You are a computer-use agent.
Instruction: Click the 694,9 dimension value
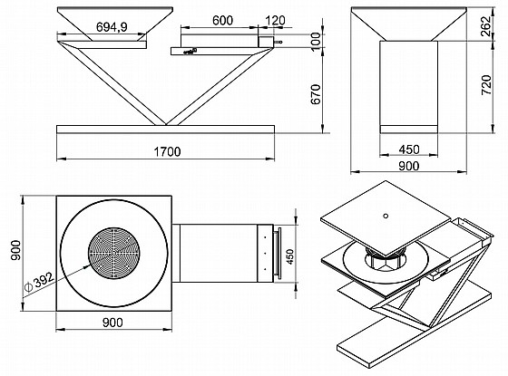(112, 27)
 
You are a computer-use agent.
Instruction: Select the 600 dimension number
(222, 20)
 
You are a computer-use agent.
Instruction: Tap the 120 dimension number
(275, 20)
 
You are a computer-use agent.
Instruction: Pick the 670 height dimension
(316, 94)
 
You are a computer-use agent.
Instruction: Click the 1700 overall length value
(167, 151)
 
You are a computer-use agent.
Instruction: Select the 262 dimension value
(486, 27)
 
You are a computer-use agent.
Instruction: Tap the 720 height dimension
(486, 85)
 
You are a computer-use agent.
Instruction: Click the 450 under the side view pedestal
(409, 149)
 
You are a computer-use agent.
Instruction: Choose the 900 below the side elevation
(409, 166)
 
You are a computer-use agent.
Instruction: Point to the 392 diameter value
(44, 280)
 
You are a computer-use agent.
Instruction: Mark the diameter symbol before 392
(28, 286)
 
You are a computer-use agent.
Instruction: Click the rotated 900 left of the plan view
(15, 250)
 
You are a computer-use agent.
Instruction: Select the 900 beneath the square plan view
(112, 323)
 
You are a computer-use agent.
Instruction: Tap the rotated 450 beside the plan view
(290, 256)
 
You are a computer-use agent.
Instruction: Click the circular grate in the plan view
(114, 253)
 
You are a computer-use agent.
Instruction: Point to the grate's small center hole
(113, 253)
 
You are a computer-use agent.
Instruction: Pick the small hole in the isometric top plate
(386, 216)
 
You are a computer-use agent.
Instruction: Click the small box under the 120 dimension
(266, 42)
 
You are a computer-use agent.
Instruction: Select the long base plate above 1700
(165, 130)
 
